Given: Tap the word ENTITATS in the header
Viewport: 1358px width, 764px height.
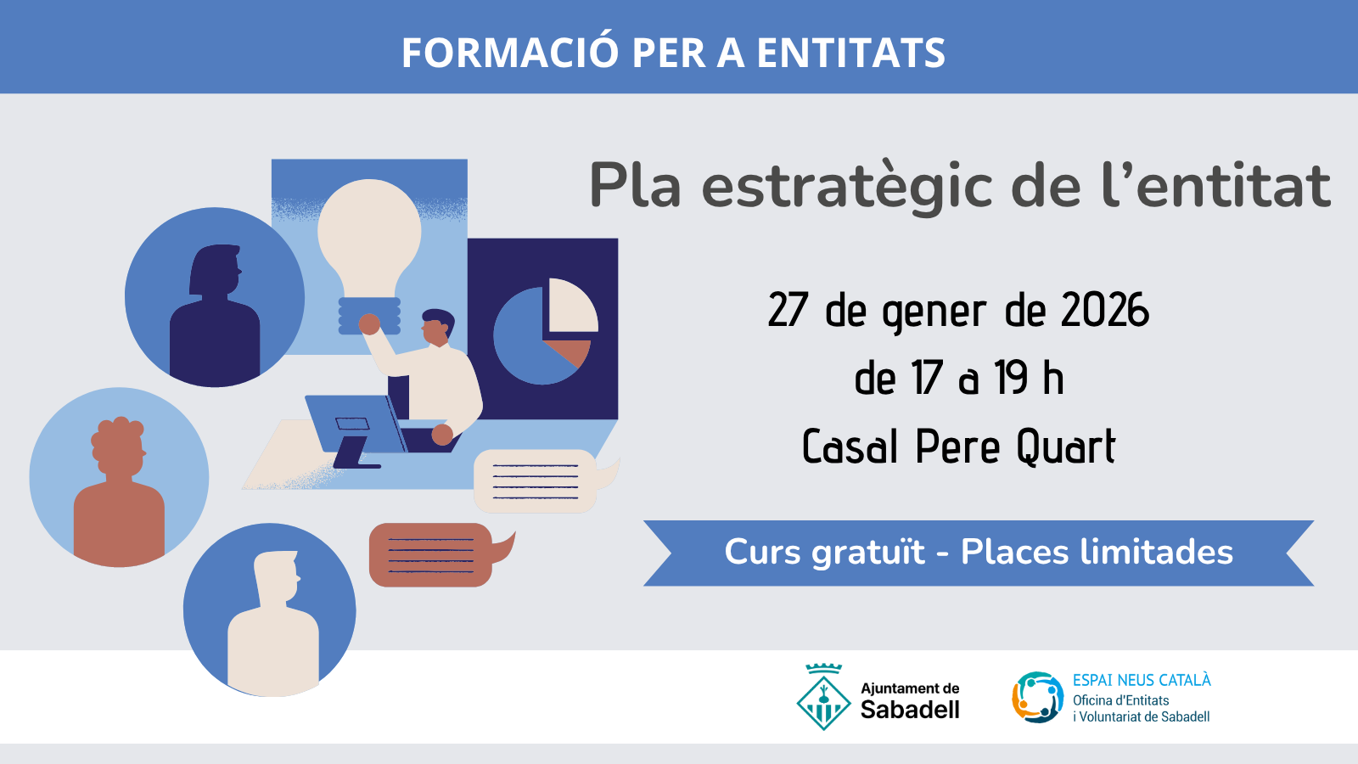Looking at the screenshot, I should [850, 53].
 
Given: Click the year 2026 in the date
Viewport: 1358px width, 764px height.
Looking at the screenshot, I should [1105, 311].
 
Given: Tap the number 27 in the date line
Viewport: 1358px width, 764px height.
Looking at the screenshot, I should [788, 311].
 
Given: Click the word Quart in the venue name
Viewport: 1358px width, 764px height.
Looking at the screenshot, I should [1066, 447].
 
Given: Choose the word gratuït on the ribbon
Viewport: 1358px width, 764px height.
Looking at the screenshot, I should [868, 553].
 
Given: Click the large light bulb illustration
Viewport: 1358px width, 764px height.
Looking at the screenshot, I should [369, 238].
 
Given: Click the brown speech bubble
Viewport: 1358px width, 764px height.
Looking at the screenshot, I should [431, 555].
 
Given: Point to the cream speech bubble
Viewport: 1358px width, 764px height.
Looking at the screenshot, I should [536, 481].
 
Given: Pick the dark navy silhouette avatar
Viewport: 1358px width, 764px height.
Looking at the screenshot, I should [215, 306].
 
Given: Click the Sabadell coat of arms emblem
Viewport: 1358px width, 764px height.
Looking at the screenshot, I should [823, 698].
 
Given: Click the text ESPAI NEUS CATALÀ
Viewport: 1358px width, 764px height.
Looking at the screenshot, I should [1142, 680].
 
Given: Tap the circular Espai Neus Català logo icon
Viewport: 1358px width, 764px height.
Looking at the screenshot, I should [1037, 698].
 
